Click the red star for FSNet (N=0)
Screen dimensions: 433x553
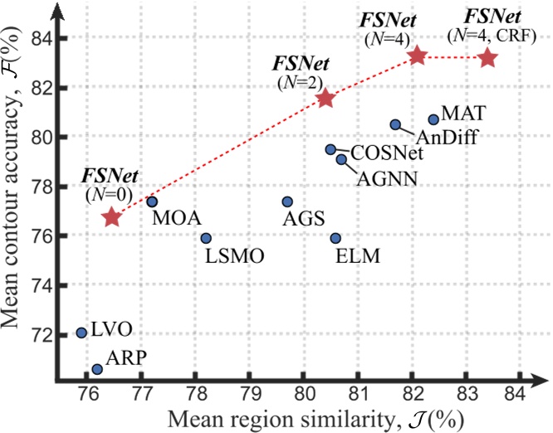click(112, 217)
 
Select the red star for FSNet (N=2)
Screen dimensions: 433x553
click(325, 99)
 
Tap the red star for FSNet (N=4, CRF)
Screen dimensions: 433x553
click(487, 57)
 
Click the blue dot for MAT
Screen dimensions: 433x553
click(433, 119)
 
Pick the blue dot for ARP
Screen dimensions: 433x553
click(97, 369)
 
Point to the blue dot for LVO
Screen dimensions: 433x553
click(81, 333)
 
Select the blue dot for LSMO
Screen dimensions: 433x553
click(206, 238)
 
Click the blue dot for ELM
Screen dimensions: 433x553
click(335, 238)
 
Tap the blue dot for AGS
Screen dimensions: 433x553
click(287, 202)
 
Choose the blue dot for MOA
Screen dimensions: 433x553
click(152, 202)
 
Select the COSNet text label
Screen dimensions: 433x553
click(387, 153)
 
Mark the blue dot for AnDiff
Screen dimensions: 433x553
click(395, 124)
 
